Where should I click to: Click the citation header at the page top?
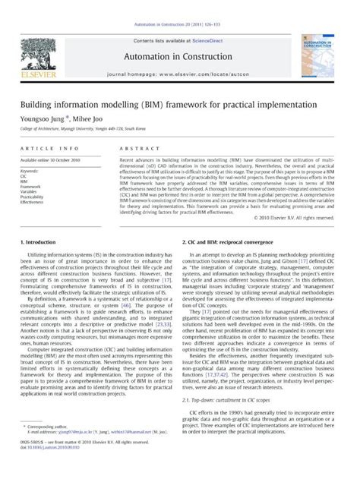click(x=180, y=6)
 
